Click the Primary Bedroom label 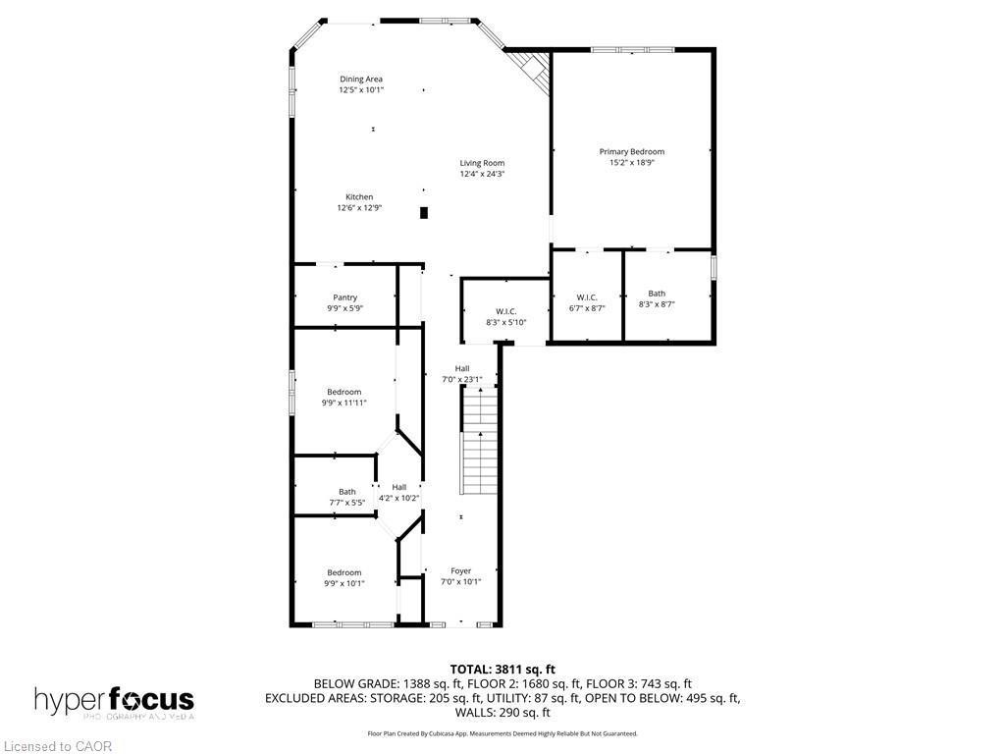tap(631, 152)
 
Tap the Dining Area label tap(361, 80)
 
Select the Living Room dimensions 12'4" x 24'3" tap(482, 175)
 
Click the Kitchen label tap(359, 197)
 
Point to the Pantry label tap(344, 297)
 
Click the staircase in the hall tap(480, 442)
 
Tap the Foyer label tap(460, 570)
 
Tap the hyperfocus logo tap(114, 701)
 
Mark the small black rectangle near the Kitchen tap(424, 212)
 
